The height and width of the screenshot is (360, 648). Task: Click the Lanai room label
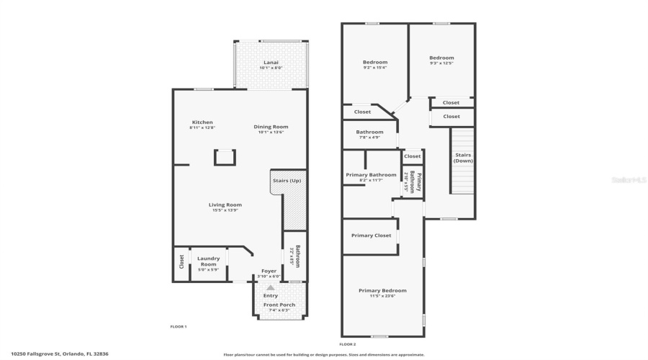271,65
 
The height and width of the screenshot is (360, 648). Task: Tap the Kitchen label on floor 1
202,125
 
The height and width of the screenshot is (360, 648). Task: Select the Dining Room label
271,129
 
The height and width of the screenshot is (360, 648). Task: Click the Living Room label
225,207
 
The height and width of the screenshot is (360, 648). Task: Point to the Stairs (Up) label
287,180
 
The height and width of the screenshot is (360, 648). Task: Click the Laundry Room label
208,263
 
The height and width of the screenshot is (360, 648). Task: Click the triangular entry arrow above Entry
271,287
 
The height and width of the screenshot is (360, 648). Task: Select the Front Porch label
279,307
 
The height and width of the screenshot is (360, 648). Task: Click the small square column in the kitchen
225,157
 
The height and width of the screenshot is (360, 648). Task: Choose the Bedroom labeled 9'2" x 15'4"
374,65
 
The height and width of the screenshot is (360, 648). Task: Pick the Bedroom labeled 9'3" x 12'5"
441,60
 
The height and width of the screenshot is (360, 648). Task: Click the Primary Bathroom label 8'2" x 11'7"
371,177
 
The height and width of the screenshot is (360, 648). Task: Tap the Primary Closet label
371,235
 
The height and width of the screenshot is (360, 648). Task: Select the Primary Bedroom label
382,292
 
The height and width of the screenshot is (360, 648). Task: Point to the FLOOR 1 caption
178,327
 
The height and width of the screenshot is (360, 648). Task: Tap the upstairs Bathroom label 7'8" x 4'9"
369,134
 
